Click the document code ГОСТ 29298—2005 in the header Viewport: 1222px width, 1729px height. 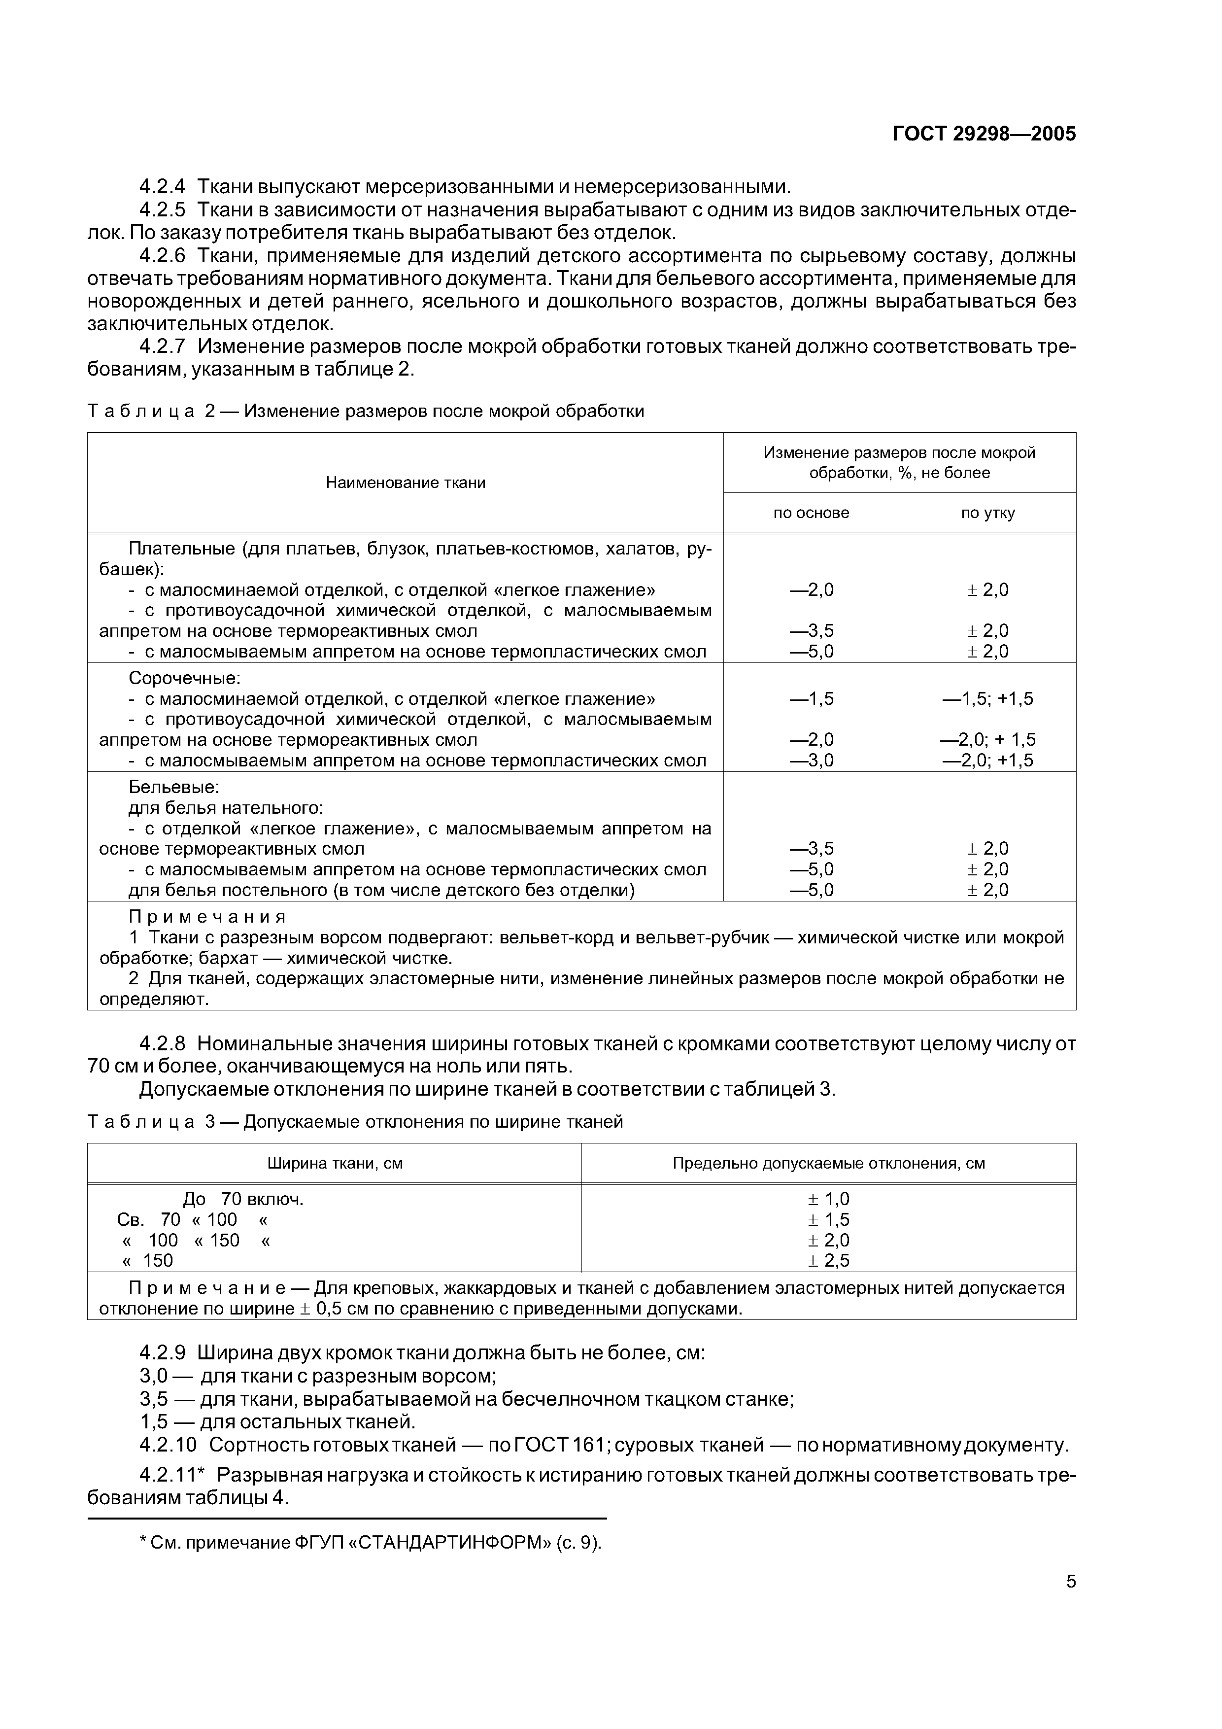click(x=984, y=134)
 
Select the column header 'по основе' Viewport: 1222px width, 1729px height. click(x=811, y=513)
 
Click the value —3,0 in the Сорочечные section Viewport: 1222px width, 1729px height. click(x=811, y=760)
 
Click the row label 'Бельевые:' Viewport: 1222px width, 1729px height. click(x=173, y=787)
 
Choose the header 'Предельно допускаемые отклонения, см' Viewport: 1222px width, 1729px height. click(x=828, y=1164)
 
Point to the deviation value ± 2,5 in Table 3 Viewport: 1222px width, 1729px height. click(x=828, y=1261)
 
